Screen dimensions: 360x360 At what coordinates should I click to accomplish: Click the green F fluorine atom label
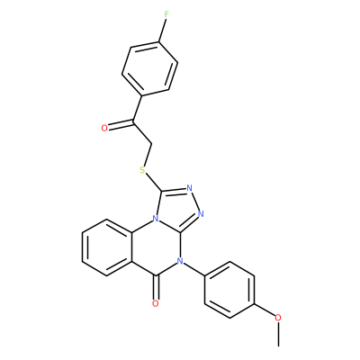[166, 14]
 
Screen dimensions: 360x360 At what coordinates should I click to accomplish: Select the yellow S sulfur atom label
[142, 170]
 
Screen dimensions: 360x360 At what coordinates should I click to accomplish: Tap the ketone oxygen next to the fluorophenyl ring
[104, 129]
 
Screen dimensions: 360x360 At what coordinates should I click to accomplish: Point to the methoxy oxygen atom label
[278, 318]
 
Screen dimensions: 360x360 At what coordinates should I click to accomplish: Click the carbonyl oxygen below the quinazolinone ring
[155, 303]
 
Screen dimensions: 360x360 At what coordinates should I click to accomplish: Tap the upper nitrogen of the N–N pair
[189, 188]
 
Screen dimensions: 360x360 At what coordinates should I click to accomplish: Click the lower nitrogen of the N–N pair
[201, 214]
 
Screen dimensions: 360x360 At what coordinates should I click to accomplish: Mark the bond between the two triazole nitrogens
[195, 202]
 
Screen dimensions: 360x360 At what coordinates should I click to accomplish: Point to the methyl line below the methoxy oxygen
[279, 334]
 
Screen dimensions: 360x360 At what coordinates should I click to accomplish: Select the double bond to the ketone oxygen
[121, 124]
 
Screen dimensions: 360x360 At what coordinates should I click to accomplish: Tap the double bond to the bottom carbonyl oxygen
[156, 287]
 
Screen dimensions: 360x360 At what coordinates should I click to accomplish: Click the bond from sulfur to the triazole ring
[154, 182]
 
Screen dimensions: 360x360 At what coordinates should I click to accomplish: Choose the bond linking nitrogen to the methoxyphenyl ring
[193, 269]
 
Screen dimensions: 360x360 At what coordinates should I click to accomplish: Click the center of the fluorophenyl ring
[150, 69]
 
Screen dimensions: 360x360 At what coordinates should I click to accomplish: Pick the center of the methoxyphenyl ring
[229, 291]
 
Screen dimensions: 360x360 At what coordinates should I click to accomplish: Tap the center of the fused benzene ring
[107, 247]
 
